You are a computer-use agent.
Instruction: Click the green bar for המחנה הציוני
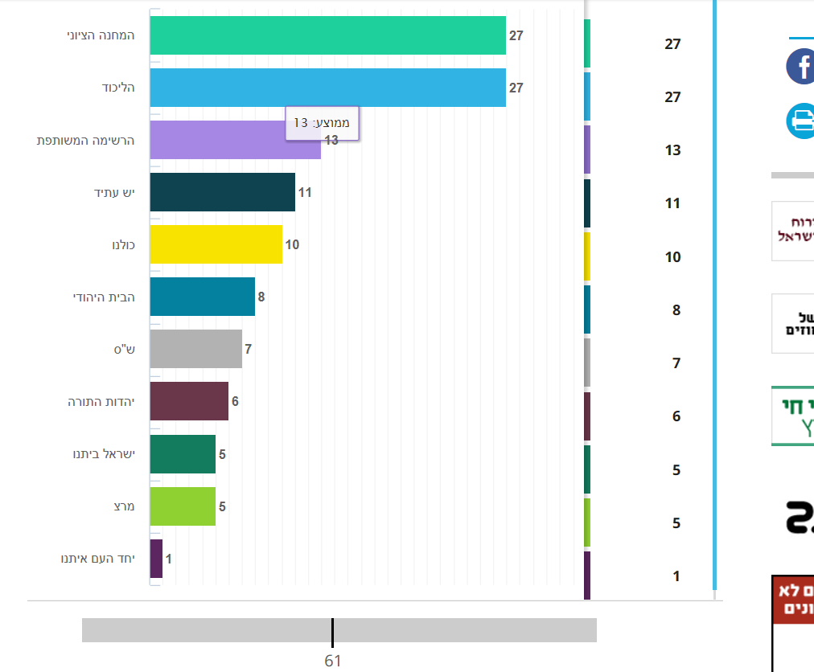coord(327,35)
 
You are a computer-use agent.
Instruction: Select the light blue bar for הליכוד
coord(327,88)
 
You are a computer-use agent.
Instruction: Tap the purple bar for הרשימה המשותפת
coord(217,141)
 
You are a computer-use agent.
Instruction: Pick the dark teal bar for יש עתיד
coord(222,193)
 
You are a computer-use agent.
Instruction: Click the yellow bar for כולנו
coord(216,244)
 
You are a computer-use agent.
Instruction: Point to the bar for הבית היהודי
coord(202,297)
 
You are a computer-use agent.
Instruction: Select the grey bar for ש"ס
coord(195,350)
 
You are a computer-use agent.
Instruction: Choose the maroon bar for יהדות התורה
coord(189,401)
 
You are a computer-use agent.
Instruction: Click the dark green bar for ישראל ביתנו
coord(183,454)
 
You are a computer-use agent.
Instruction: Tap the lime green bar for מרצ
coord(183,506)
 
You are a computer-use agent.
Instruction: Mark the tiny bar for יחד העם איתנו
coord(156,559)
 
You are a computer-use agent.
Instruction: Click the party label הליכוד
coord(117,88)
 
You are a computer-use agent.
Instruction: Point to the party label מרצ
coord(124,506)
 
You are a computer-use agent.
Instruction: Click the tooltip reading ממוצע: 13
coord(322,123)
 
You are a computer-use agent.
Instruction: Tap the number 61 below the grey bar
coord(333,661)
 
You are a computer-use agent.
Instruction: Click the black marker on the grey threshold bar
coord(332,632)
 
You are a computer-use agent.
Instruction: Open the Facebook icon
coord(801,66)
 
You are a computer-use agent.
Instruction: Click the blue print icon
coord(801,121)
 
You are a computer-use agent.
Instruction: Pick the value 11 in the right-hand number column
coord(672,203)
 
